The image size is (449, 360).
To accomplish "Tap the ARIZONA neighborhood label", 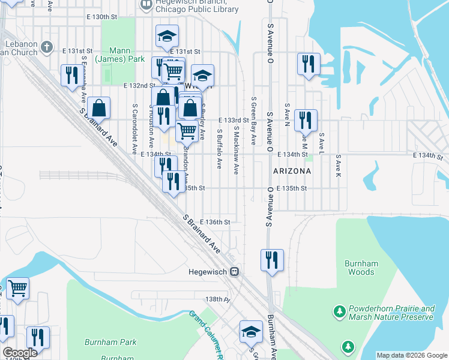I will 292,171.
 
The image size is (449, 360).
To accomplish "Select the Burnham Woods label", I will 360,268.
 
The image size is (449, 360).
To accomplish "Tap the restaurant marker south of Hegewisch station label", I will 272,260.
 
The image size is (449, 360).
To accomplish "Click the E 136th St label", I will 215,222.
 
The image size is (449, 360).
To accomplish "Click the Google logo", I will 19,353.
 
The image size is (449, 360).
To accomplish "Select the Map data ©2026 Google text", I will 411,355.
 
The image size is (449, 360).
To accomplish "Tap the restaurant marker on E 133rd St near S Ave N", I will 306,120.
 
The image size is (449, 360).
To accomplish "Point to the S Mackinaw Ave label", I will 237,150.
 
